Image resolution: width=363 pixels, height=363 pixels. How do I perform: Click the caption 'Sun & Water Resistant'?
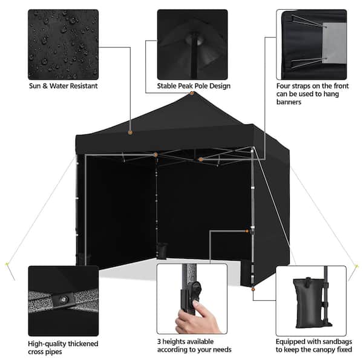(x=63, y=86)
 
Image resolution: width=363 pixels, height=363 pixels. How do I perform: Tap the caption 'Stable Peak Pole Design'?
(x=194, y=86)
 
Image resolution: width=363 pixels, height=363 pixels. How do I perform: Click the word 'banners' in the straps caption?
(x=289, y=102)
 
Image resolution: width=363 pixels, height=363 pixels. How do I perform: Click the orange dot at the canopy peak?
(x=192, y=93)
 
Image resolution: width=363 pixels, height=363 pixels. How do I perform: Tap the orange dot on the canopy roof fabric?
(x=130, y=132)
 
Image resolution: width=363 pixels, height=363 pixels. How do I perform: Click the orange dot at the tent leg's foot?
(x=253, y=289)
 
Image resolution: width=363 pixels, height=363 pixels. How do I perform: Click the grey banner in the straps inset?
(x=334, y=44)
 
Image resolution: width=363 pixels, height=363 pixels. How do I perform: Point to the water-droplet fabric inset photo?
(x=63, y=44)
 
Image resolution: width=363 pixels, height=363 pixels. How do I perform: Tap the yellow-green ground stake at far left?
(x=7, y=264)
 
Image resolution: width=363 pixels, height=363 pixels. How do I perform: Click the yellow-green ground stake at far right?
(x=356, y=266)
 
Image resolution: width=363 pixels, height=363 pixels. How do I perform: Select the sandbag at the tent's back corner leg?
(x=162, y=250)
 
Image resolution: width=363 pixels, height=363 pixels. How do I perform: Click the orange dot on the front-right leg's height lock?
(x=247, y=231)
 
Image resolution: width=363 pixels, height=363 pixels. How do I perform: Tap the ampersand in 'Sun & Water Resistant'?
(x=45, y=86)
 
